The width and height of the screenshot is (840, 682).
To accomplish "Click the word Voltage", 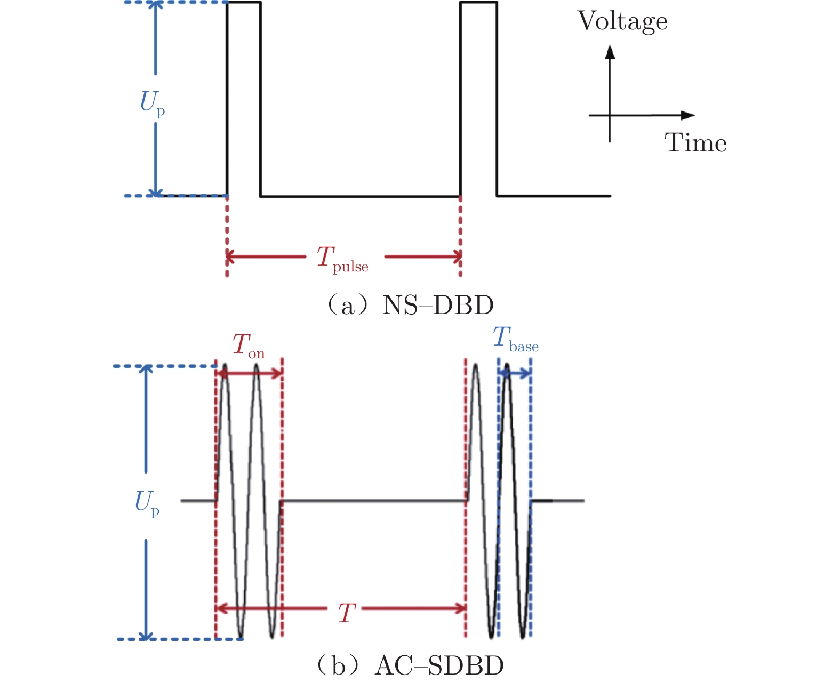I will tap(622, 22).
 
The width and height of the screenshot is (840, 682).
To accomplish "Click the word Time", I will tap(695, 143).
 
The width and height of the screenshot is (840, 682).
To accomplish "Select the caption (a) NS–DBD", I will tap(410, 306).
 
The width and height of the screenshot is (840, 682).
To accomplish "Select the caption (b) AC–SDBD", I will tap(410, 666).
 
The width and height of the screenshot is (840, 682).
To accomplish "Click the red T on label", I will tap(248, 346).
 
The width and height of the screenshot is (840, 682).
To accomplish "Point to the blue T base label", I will tap(515, 339).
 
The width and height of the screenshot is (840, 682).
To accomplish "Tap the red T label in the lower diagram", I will tap(347, 614).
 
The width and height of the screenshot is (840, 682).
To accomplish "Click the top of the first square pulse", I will tap(244, 3).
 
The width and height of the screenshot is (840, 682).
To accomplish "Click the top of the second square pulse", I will tap(479, 3).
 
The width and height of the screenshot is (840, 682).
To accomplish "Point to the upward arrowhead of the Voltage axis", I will tap(611, 51).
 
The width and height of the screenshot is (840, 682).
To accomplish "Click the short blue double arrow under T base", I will tap(514, 374).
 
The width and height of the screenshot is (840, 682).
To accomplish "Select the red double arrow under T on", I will tap(249, 373).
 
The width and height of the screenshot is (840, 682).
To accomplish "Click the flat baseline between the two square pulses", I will tap(360, 196).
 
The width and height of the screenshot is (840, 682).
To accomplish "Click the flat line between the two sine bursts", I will tap(373, 501).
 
